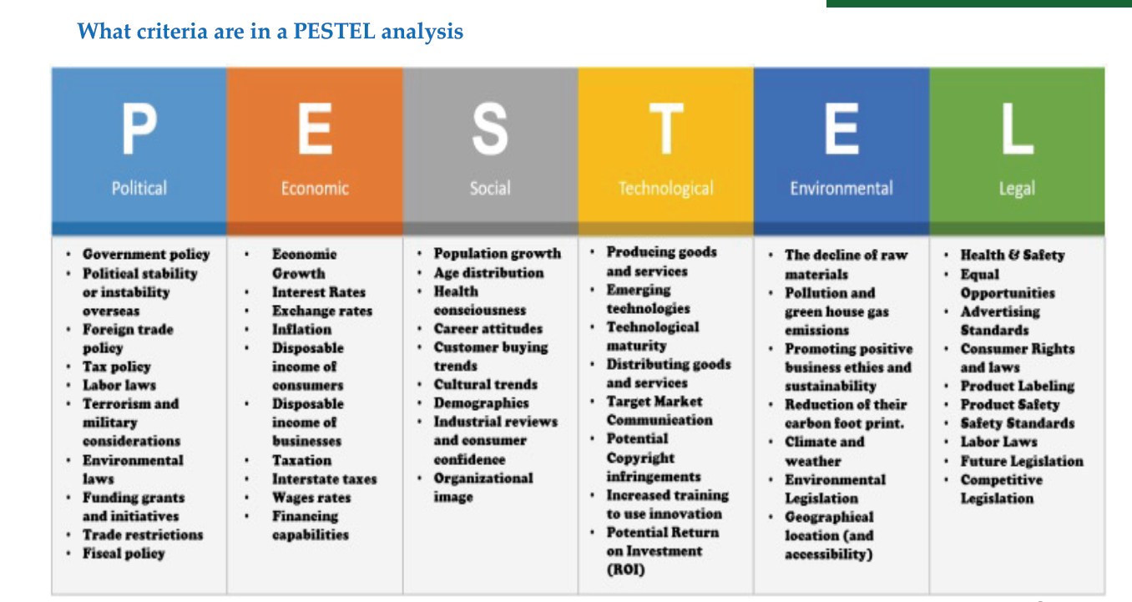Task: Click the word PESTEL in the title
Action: click(335, 31)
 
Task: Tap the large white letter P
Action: click(139, 129)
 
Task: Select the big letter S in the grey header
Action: click(490, 129)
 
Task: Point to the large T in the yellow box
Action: click(666, 129)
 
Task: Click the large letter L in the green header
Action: click(1018, 129)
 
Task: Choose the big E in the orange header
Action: click(315, 129)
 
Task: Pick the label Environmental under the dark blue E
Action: click(841, 189)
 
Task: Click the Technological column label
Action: click(666, 189)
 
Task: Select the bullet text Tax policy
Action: click(117, 367)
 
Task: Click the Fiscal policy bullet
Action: click(124, 554)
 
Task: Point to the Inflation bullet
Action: click(301, 330)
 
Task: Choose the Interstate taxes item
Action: click(325, 478)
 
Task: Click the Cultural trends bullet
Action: click(486, 384)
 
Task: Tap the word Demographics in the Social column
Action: click(481, 403)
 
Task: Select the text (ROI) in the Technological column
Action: click(625, 569)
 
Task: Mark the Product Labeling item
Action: click(1018, 387)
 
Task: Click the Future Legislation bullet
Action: click(1022, 461)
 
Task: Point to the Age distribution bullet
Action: click(488, 273)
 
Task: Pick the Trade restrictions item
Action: click(143, 534)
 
